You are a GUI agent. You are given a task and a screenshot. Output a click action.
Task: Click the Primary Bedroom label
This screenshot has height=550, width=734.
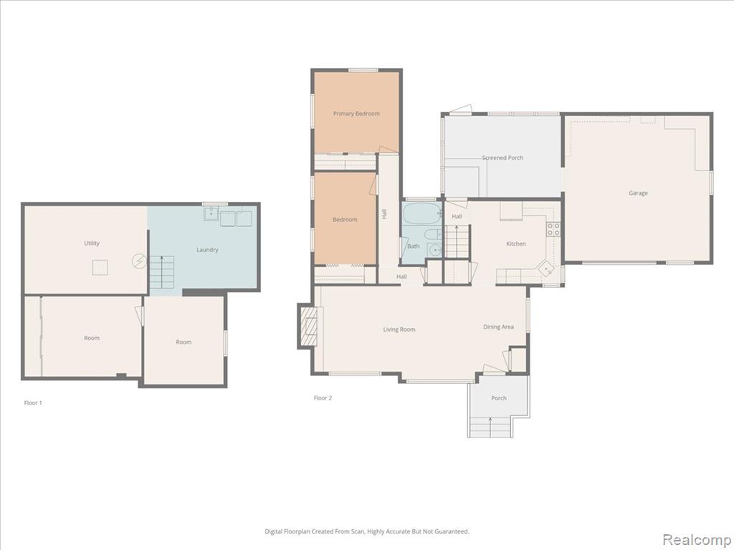tap(356, 114)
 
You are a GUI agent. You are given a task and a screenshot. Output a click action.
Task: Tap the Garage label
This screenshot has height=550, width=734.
tap(638, 193)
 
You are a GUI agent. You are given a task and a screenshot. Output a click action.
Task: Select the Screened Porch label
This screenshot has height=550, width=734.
tap(502, 158)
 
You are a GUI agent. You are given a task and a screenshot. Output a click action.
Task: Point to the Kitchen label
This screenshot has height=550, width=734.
tap(516, 243)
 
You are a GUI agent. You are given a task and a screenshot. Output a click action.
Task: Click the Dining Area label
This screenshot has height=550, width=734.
tap(499, 327)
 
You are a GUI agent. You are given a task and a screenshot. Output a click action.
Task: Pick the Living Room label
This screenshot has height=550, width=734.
tap(399, 329)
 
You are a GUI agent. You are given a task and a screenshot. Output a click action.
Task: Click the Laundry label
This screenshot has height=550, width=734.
tap(207, 250)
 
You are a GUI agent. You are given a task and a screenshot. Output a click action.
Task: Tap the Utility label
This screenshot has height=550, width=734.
tap(92, 243)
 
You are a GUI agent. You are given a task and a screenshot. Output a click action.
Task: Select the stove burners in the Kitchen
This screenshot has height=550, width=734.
tap(553, 228)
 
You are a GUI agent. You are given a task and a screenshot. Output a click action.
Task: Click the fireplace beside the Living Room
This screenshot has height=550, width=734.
tap(308, 326)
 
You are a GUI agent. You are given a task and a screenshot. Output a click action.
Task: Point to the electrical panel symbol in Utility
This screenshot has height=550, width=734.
tap(138, 261)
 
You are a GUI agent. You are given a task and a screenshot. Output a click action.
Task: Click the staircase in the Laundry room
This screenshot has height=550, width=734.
tap(161, 272)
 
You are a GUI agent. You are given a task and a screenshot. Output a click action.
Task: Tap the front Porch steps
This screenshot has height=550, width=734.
tap(490, 427)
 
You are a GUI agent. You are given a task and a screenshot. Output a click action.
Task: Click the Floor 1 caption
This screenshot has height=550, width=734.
tap(33, 402)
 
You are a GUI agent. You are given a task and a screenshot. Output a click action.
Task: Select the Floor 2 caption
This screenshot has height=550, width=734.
tap(323, 398)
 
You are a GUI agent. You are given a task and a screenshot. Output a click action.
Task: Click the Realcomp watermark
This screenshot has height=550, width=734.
tap(697, 539)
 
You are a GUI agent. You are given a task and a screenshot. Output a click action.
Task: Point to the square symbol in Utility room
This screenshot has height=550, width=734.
tap(100, 268)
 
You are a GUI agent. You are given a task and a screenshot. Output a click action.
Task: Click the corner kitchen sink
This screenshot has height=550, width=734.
tap(545, 269)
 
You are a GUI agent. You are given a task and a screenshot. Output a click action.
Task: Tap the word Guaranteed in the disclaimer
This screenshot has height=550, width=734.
tap(453, 531)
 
